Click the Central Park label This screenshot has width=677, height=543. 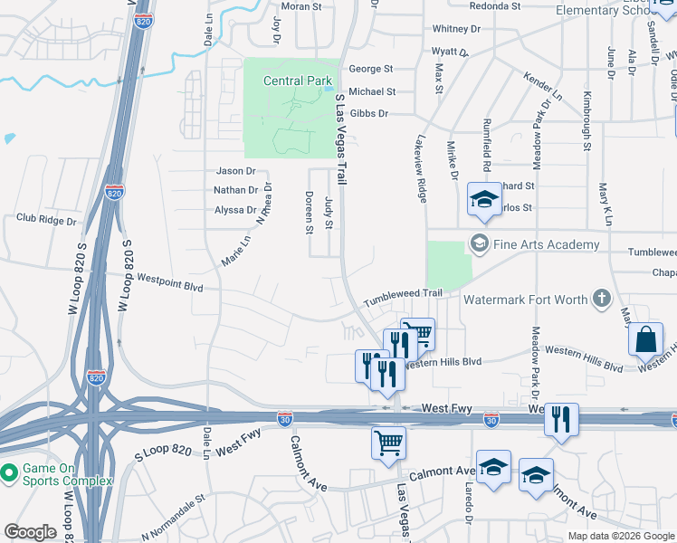coord(298,81)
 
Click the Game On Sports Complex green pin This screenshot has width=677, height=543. coord(9,472)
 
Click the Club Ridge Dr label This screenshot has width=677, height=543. coord(45,218)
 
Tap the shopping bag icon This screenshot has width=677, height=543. coord(645,339)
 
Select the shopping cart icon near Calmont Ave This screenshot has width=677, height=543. coord(389,443)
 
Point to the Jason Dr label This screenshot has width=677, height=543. coord(236,170)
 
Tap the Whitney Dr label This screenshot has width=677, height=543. coord(456,29)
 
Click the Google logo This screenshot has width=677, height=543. coord(30,532)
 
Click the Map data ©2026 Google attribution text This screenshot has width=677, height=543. coord(620,536)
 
